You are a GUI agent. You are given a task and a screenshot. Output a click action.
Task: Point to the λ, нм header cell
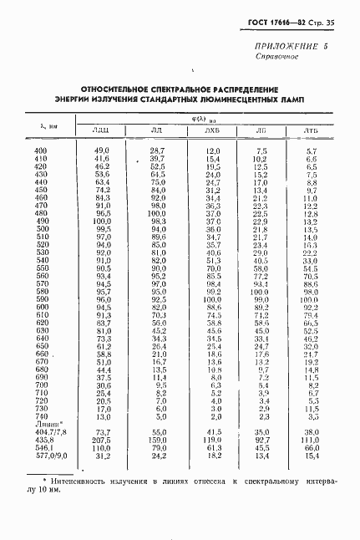(x=38, y=123)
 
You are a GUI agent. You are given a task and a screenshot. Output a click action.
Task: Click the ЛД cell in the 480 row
(x=158, y=213)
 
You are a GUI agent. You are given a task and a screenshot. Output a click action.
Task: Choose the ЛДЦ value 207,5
(x=103, y=440)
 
